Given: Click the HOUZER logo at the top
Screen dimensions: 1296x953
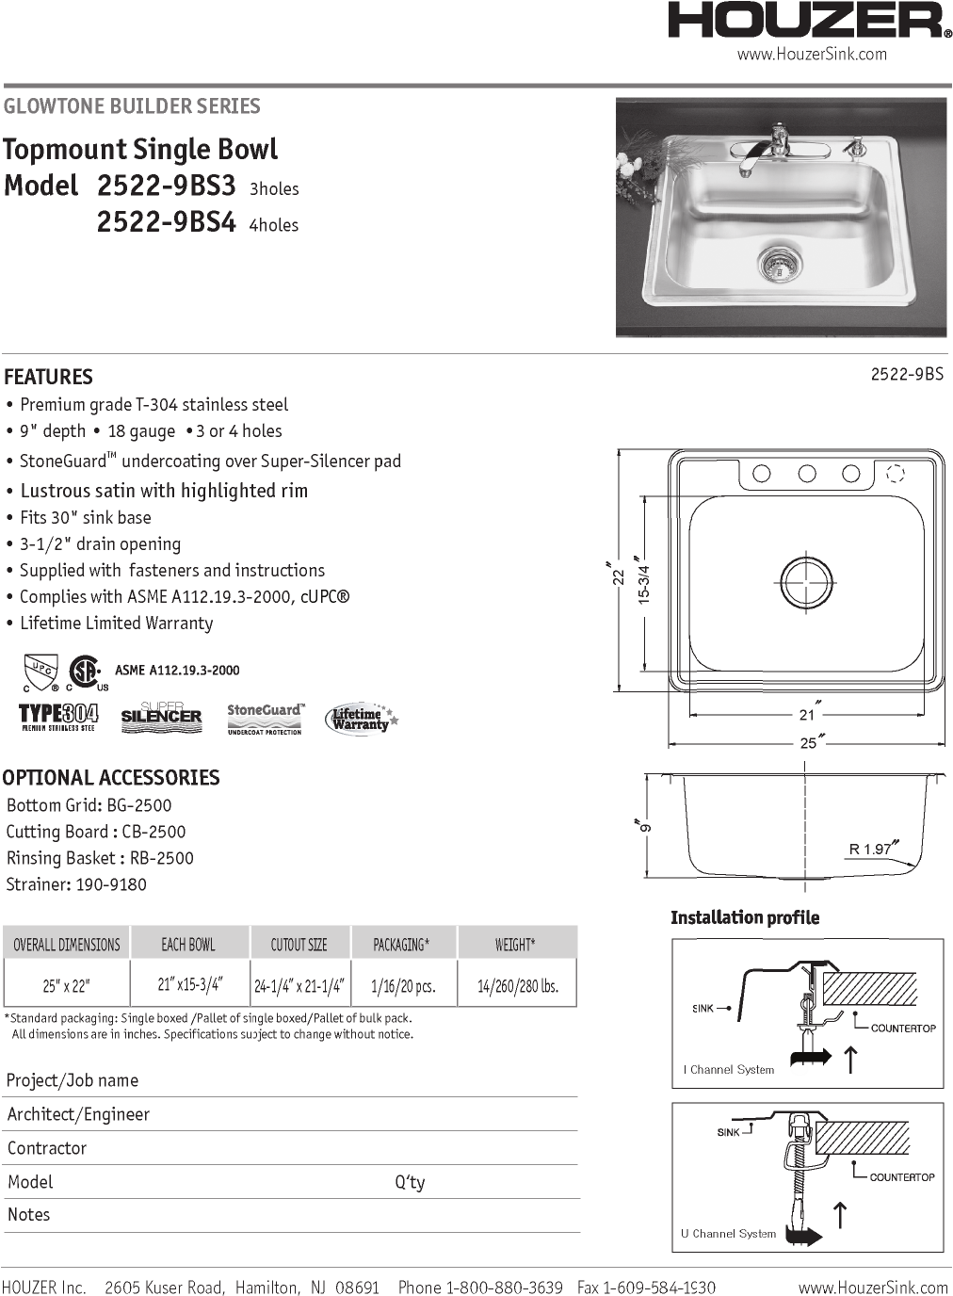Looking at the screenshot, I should tap(809, 21).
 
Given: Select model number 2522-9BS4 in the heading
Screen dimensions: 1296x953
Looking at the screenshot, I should tap(166, 222).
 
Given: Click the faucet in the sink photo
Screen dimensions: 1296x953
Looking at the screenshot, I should tap(767, 150).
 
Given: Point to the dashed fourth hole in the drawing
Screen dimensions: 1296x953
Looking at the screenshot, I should tap(896, 474).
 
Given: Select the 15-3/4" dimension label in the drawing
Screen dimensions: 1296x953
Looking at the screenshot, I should tap(644, 583).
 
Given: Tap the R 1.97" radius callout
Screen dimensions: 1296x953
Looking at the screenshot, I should tap(872, 849).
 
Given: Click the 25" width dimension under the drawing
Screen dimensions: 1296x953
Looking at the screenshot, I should tap(809, 743).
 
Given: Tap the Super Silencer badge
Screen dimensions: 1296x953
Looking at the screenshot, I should tap(161, 716).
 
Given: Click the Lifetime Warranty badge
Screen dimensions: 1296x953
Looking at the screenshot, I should tap(361, 720).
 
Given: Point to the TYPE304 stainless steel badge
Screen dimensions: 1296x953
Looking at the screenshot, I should tap(58, 717).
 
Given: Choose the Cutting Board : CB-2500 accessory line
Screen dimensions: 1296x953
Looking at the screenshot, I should tap(96, 832).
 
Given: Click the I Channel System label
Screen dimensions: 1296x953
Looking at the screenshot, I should tap(729, 1070).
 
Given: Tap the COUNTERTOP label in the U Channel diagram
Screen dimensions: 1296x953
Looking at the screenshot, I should tap(901, 1177).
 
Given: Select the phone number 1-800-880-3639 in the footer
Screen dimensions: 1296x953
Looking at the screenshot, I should tap(504, 1288).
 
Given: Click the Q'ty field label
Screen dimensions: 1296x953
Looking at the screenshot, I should tap(410, 1182).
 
